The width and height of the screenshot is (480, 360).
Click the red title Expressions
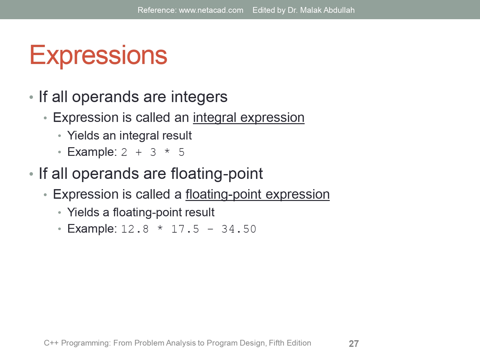click(98, 55)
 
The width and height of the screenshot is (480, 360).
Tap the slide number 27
click(354, 344)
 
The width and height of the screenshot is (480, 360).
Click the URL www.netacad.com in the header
click(211, 10)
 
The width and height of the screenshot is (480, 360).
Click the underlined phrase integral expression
click(249, 118)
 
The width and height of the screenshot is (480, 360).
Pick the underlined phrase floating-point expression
click(257, 195)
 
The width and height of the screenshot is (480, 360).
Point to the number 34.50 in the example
click(239, 229)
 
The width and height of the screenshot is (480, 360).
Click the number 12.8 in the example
click(135, 229)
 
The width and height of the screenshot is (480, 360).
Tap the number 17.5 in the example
click(185, 229)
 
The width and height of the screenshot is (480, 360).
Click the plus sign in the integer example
click(139, 152)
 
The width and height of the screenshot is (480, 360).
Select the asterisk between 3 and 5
click(167, 152)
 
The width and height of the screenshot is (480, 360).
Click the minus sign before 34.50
click(210, 229)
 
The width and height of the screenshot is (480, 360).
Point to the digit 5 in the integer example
click(181, 152)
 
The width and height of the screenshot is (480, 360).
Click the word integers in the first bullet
click(199, 97)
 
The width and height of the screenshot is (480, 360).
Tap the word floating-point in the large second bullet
click(217, 174)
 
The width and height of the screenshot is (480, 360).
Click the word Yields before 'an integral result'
click(83, 136)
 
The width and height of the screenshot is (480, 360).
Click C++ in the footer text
click(51, 343)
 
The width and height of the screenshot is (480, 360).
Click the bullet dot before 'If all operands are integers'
click(31, 97)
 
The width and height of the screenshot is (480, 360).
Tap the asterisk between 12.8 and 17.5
click(160, 228)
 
